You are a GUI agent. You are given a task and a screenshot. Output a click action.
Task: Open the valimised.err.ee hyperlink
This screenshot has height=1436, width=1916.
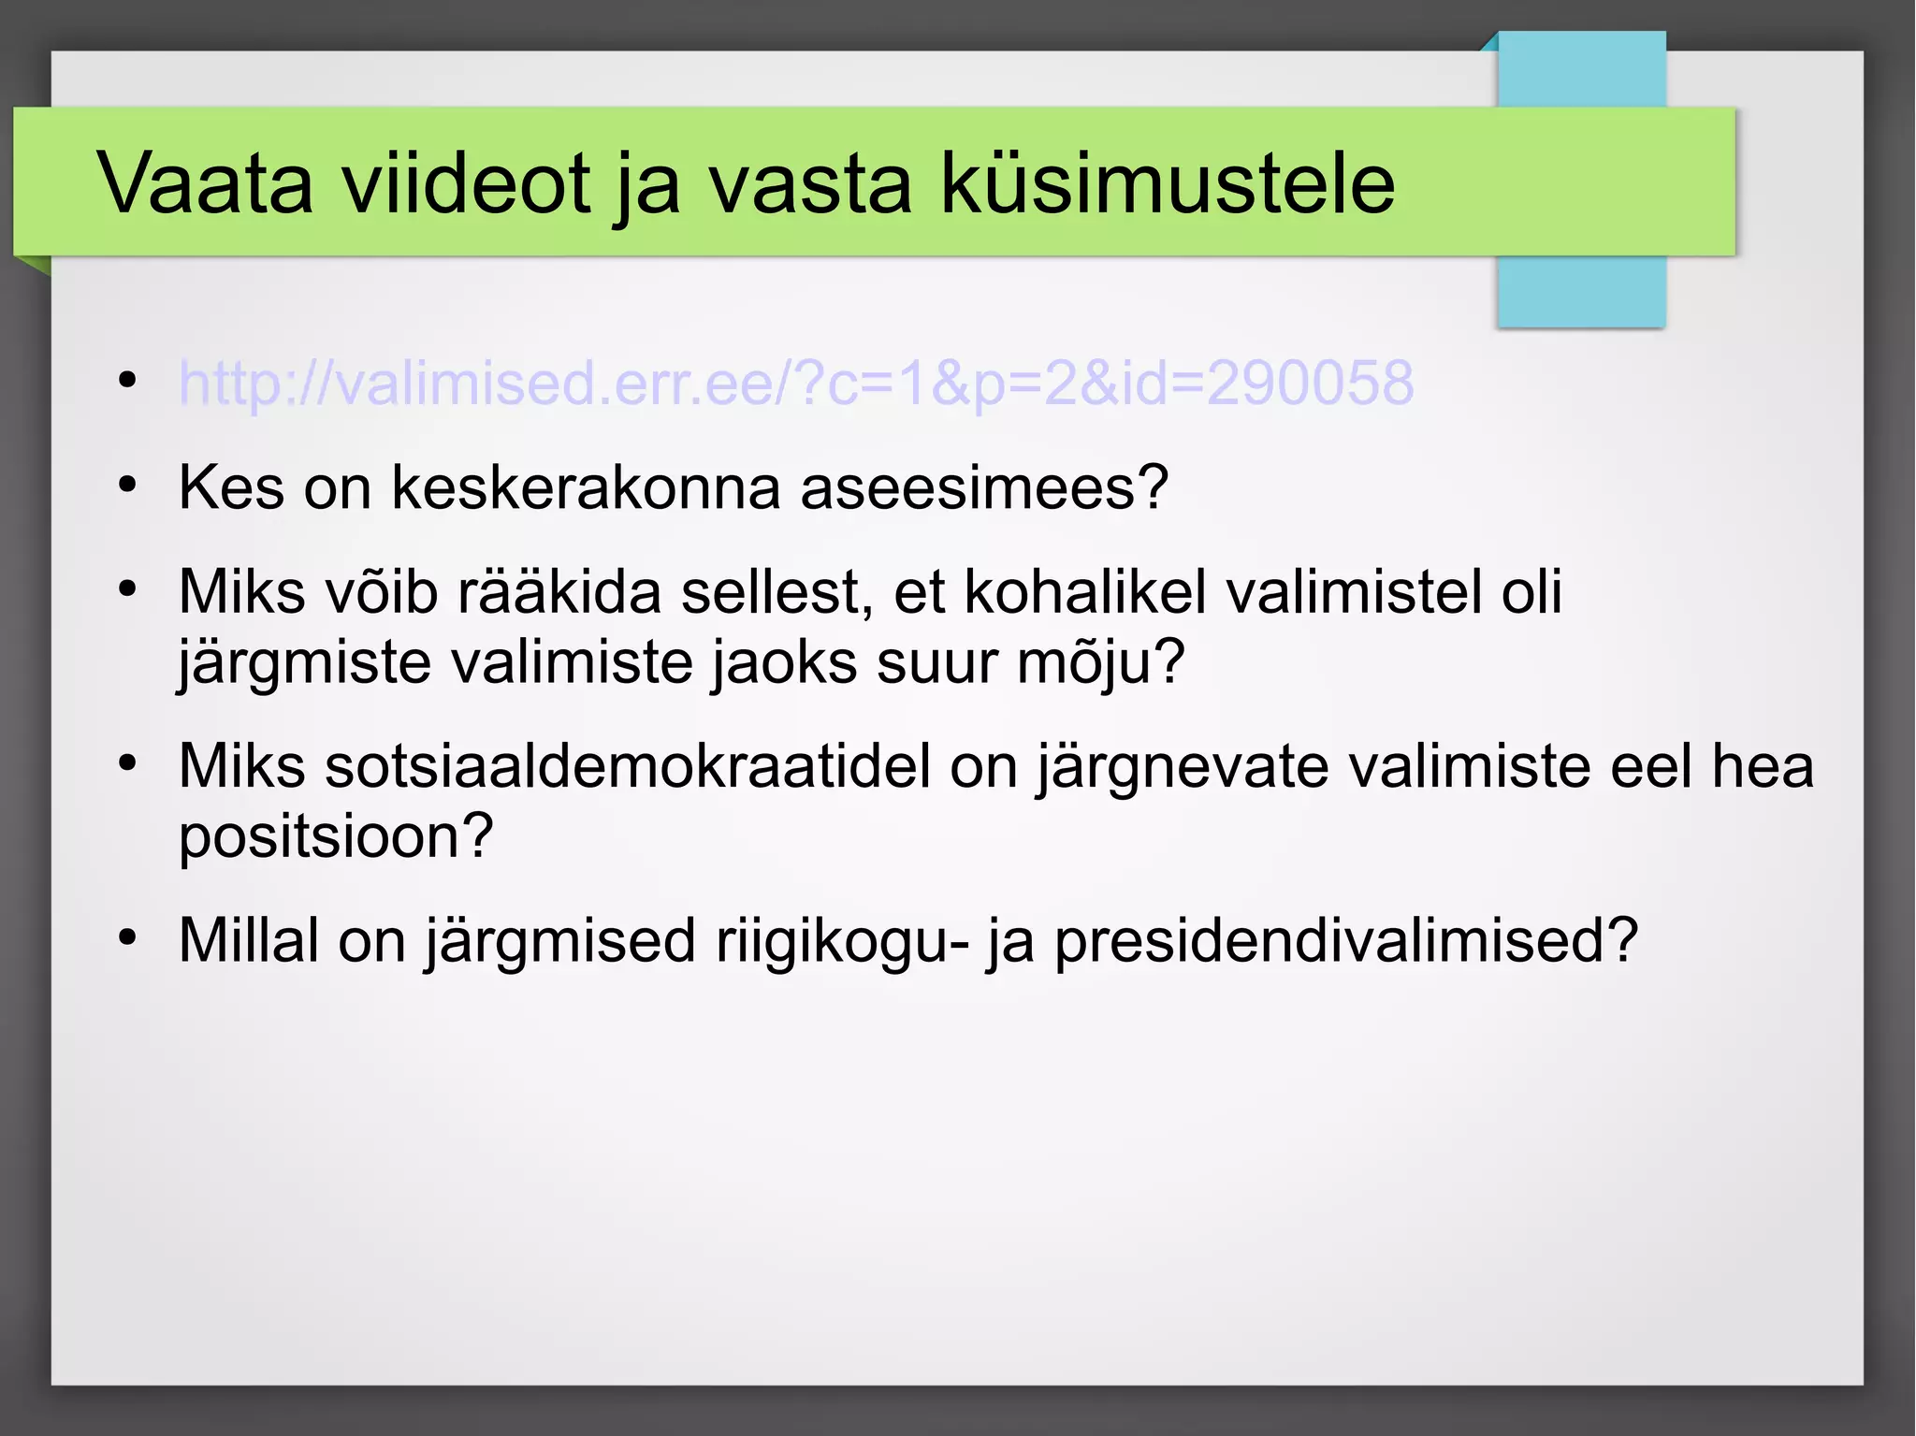[x=796, y=383]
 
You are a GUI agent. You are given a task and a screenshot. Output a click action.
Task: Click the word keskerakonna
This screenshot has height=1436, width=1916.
[x=586, y=487]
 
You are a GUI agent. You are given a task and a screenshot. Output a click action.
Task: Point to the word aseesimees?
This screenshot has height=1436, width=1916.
[x=984, y=487]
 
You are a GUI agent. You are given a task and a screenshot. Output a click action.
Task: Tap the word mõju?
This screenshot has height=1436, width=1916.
[x=1100, y=662]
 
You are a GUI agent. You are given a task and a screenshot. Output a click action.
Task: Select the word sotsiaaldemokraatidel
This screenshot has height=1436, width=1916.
[x=554, y=766]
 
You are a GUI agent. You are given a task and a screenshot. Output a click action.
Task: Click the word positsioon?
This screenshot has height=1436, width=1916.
[x=335, y=835]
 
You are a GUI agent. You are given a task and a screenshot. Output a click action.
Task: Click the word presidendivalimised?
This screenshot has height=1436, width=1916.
[x=1346, y=940]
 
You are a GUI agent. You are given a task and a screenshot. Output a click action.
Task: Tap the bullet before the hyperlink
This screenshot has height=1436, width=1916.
[x=128, y=380]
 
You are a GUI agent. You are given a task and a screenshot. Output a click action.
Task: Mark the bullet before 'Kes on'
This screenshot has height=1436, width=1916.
[x=128, y=485]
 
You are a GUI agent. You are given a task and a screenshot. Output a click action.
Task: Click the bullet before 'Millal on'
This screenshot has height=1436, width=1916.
[x=128, y=937]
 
